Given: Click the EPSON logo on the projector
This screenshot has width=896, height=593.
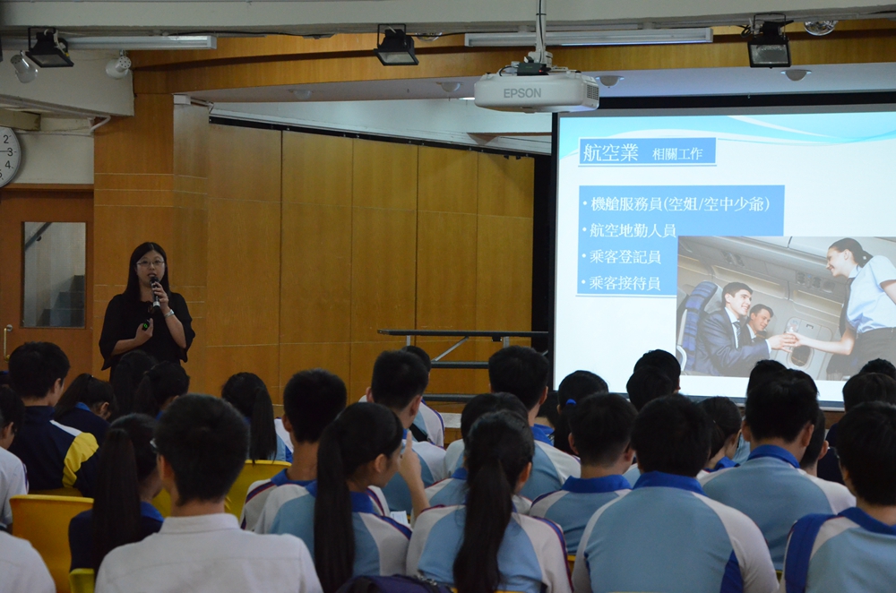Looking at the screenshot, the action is [x=521, y=93].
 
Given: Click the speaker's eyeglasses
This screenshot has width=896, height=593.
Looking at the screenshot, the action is [x=151, y=262].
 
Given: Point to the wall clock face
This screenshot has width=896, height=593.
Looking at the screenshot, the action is [x=8, y=155].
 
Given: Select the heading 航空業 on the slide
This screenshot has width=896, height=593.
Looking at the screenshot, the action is [x=609, y=152].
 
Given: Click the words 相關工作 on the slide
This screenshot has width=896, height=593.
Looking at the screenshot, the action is [x=677, y=154].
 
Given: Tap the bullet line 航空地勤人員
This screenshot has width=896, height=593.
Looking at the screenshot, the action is [x=633, y=230].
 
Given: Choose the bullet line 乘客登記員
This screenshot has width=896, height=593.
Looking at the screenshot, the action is [x=625, y=256].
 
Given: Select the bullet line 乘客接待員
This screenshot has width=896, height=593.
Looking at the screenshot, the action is [x=625, y=283].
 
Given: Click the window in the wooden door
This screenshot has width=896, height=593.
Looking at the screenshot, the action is [x=55, y=275].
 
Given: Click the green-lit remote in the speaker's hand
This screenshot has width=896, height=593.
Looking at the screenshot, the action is [x=146, y=326].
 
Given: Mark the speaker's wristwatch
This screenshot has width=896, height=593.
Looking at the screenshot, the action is [x=168, y=313].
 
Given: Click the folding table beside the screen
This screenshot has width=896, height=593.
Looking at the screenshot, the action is [x=463, y=342].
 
